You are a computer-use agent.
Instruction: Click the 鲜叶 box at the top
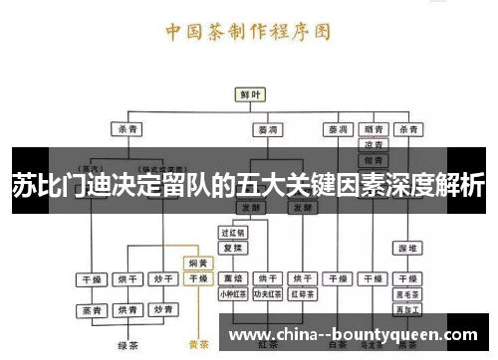point(250,94)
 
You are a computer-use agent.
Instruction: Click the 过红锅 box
point(233,232)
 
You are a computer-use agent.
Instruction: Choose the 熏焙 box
point(233,279)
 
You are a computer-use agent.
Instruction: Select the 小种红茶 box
point(233,294)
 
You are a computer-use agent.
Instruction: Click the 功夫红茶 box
point(268,294)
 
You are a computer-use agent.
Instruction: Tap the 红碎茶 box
point(303,294)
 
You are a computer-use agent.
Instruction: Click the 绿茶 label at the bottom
point(126,346)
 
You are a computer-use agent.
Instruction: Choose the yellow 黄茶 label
point(198,346)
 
